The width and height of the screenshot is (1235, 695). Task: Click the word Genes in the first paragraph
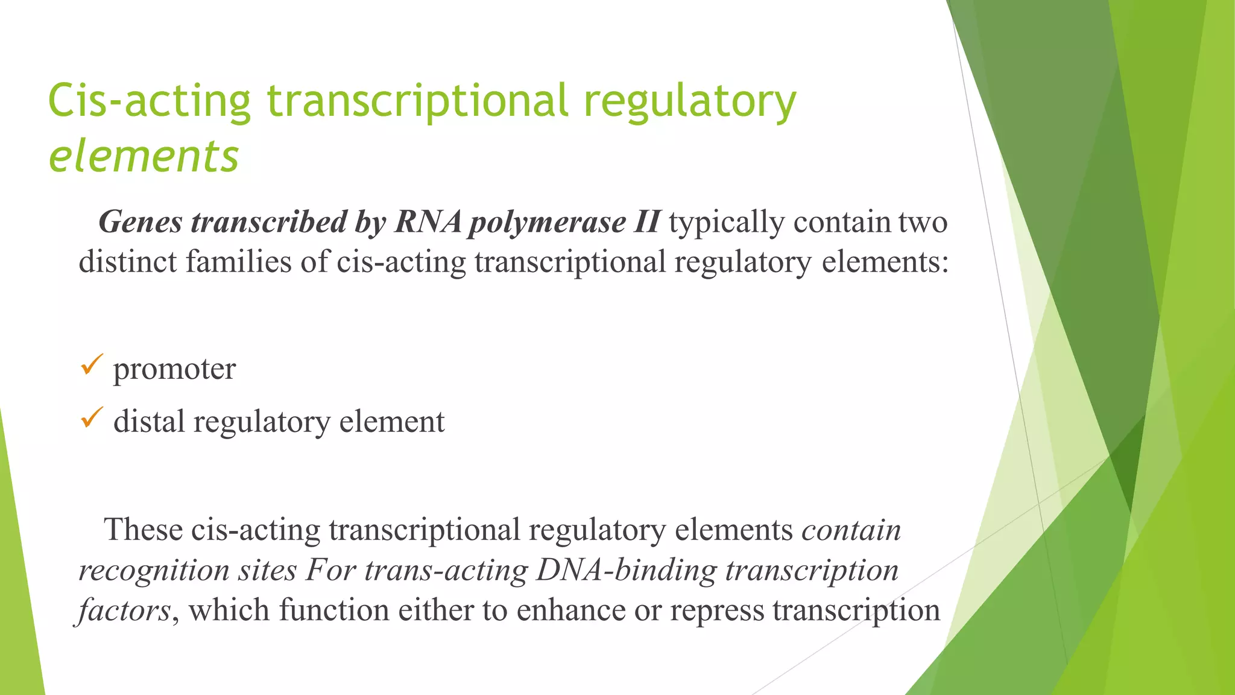(x=141, y=223)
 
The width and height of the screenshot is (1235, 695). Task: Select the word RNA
(x=428, y=223)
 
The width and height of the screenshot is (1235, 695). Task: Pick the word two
(x=923, y=223)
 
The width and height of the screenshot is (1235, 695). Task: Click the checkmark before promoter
(x=92, y=365)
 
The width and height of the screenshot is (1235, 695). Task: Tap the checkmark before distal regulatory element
(x=92, y=417)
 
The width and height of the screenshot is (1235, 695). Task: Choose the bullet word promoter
(x=174, y=369)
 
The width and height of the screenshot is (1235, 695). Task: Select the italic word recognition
(x=154, y=571)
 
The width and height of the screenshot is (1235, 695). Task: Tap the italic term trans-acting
(x=446, y=571)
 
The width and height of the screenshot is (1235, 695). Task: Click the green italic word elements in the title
(x=144, y=156)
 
